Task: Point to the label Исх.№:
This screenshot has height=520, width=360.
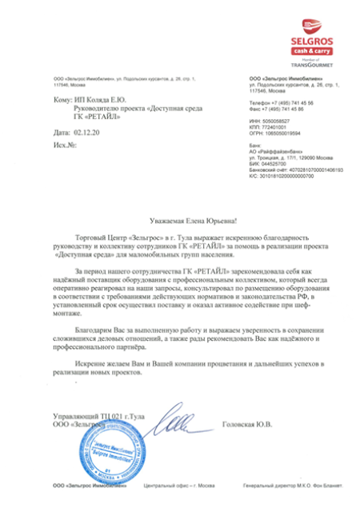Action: coord(64,145)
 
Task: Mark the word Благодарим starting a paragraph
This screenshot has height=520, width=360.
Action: coord(93,330)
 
